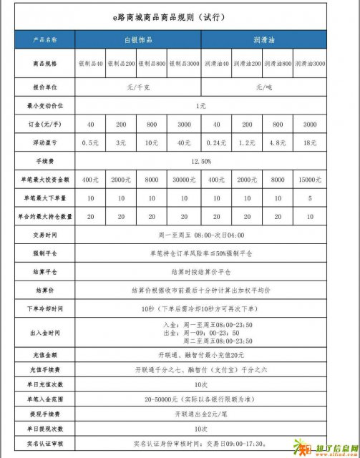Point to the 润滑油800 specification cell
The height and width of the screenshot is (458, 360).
click(x=277, y=64)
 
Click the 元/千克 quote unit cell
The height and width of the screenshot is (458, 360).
click(x=137, y=87)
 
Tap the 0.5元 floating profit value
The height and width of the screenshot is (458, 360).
click(x=90, y=142)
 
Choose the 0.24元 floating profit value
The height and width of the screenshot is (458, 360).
click(x=215, y=142)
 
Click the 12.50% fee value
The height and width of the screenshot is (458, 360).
click(x=200, y=161)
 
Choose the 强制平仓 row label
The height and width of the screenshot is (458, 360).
click(x=45, y=253)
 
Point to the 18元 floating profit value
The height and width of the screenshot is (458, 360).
click(x=310, y=142)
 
